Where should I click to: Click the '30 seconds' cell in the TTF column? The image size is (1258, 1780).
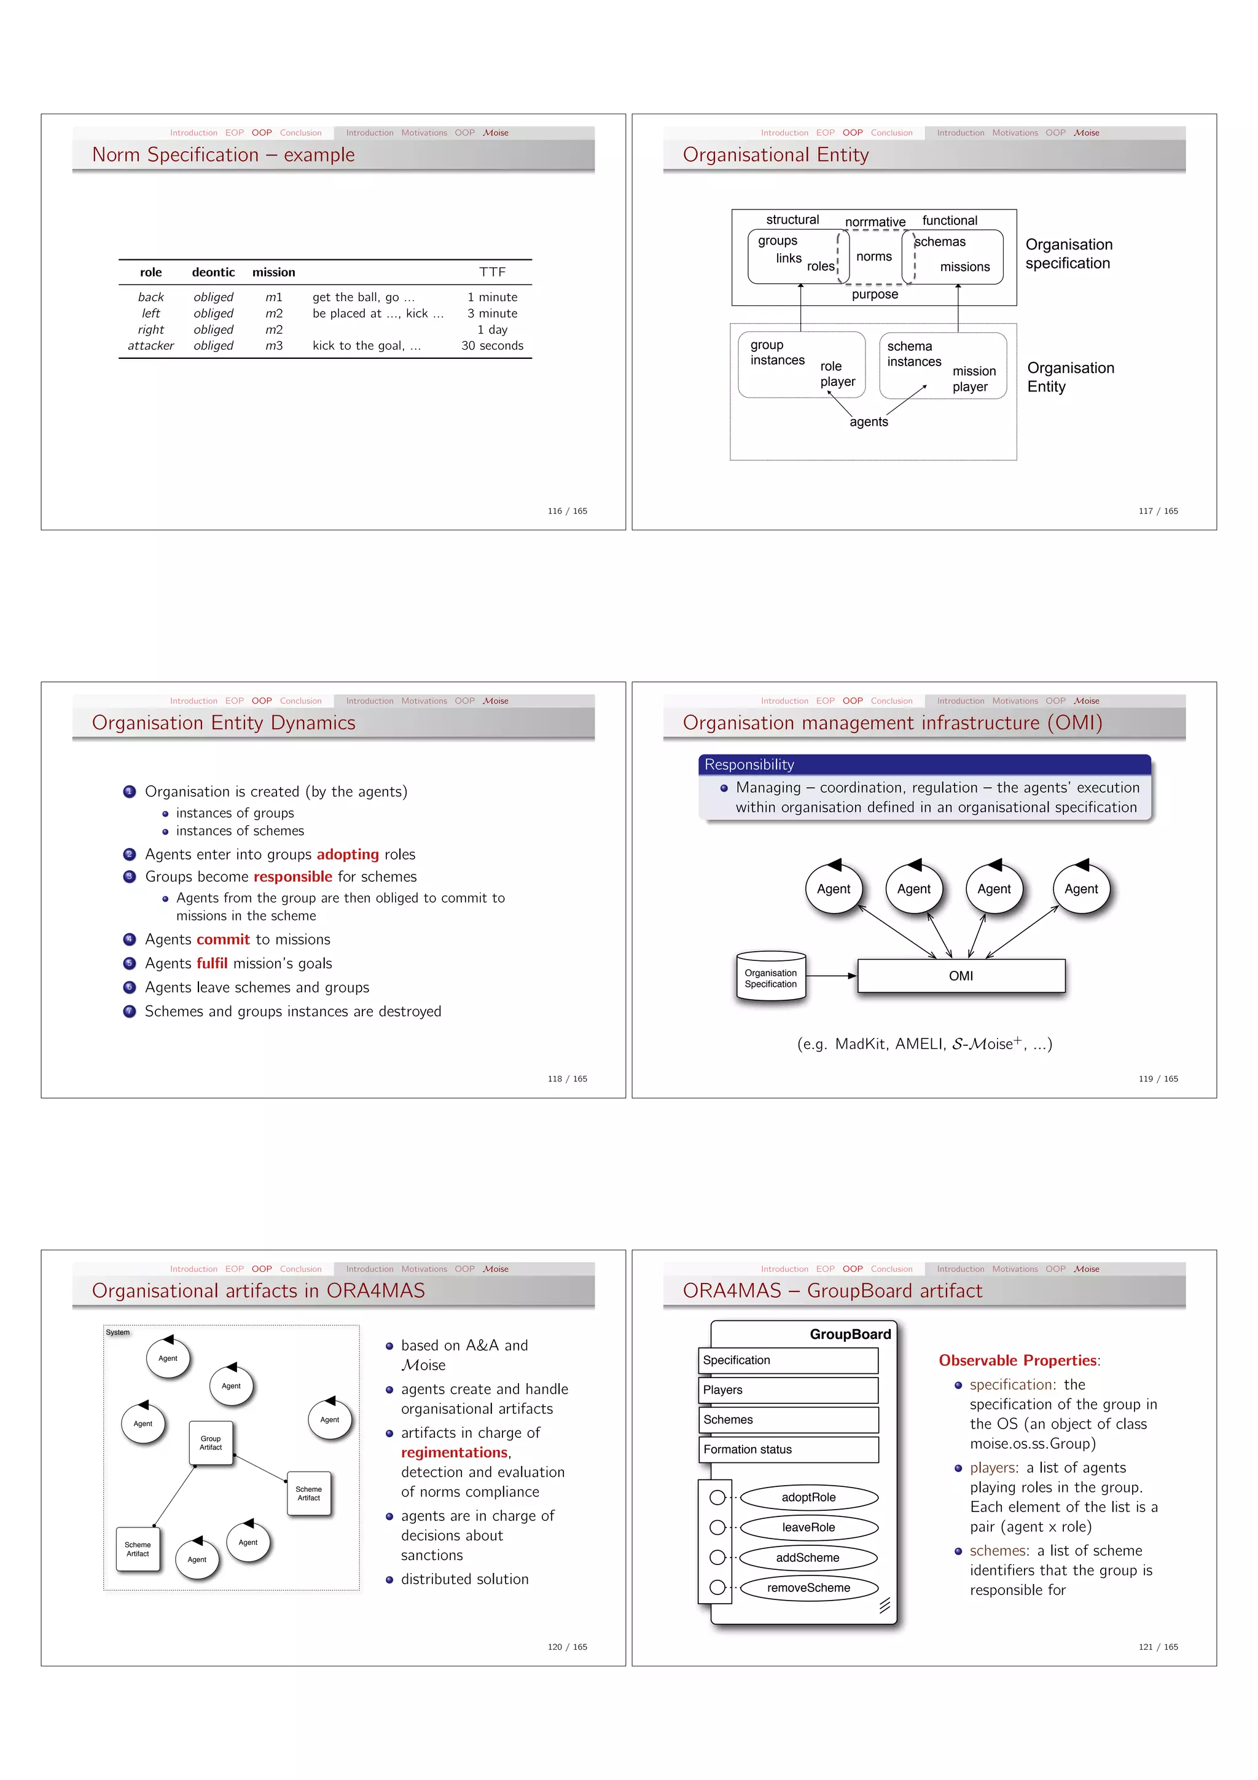coord(491,346)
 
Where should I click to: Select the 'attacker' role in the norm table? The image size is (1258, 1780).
coord(150,346)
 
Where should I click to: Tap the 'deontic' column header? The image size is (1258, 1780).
coord(213,272)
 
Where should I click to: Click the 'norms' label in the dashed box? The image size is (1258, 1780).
coord(873,257)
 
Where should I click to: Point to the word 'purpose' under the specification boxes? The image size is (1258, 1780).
coord(874,294)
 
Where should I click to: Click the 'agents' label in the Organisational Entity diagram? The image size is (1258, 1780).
coord(868,421)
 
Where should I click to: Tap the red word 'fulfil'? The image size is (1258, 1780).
coord(211,963)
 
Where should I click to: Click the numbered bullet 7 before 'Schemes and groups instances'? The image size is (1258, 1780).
coord(130,1012)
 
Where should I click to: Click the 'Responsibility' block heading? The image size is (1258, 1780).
coord(749,765)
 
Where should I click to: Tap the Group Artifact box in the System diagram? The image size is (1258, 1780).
coord(211,1443)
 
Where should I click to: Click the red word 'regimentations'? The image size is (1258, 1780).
coord(454,1453)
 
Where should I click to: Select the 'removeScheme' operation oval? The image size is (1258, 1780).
coord(808,1588)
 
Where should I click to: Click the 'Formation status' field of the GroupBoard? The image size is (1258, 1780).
coord(787,1449)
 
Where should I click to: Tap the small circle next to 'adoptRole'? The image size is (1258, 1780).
coord(717,1498)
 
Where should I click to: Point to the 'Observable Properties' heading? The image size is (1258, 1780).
coord(1018,1360)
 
